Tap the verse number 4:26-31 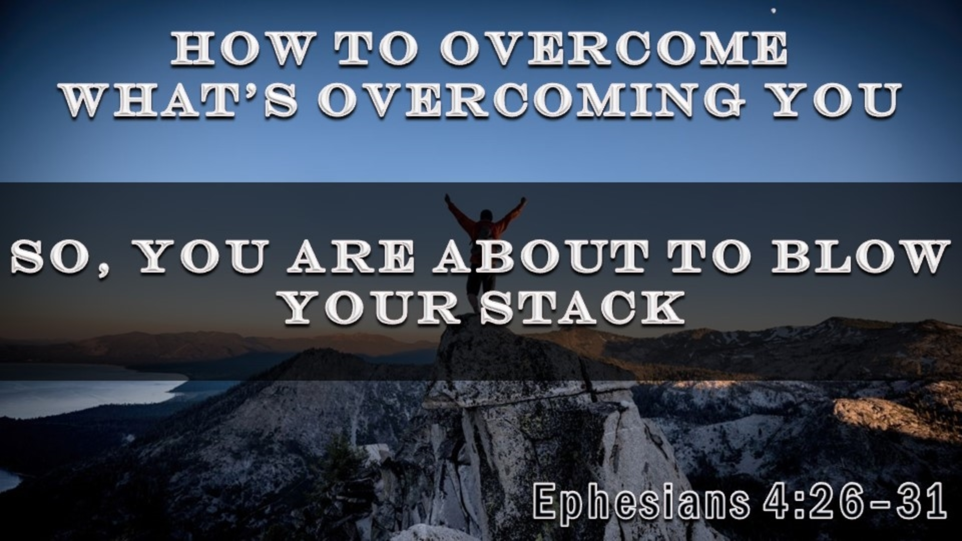click(854, 501)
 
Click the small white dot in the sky click(775, 10)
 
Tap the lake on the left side click(75, 396)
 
